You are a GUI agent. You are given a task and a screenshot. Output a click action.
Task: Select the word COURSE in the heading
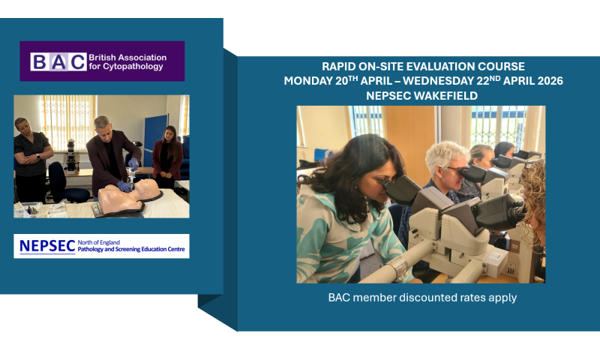(500, 67)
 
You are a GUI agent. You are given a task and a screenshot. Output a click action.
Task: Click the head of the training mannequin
(146, 190)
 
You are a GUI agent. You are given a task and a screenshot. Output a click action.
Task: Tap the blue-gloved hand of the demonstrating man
(123, 184)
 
